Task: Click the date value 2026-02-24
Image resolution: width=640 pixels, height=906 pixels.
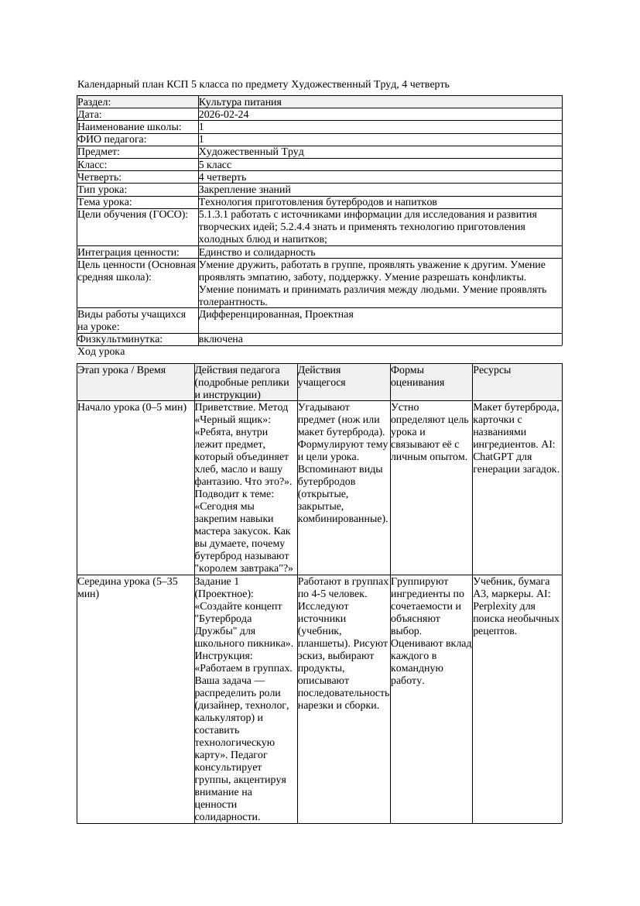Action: pyautogui.click(x=224, y=115)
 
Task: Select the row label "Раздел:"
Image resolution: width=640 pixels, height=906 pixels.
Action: pyautogui.click(x=94, y=102)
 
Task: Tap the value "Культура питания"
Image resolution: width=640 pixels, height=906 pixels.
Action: pyautogui.click(x=240, y=102)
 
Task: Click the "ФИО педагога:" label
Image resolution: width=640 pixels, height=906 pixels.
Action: pyautogui.click(x=112, y=139)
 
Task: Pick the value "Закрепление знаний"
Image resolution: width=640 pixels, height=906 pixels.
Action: pyautogui.click(x=245, y=189)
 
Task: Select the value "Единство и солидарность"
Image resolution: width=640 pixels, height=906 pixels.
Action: pyautogui.click(x=257, y=252)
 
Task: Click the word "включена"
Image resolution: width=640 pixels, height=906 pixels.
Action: pyautogui.click(x=221, y=339)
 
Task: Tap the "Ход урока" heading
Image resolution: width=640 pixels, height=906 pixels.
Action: pyautogui.click(x=101, y=352)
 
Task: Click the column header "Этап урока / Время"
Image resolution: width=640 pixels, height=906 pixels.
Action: pyautogui.click(x=121, y=370)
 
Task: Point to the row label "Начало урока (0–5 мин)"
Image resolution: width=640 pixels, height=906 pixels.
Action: pyautogui.click(x=132, y=407)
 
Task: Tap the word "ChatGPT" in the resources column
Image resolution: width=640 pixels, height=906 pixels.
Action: pyautogui.click(x=493, y=456)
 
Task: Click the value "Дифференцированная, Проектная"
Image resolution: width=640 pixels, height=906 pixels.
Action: pyautogui.click(x=276, y=314)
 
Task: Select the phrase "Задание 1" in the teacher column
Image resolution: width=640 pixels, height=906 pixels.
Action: pyautogui.click(x=217, y=581)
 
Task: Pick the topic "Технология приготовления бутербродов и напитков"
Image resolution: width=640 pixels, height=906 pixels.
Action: pyautogui.click(x=317, y=201)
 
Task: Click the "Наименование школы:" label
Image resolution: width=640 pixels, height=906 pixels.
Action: pyautogui.click(x=129, y=127)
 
